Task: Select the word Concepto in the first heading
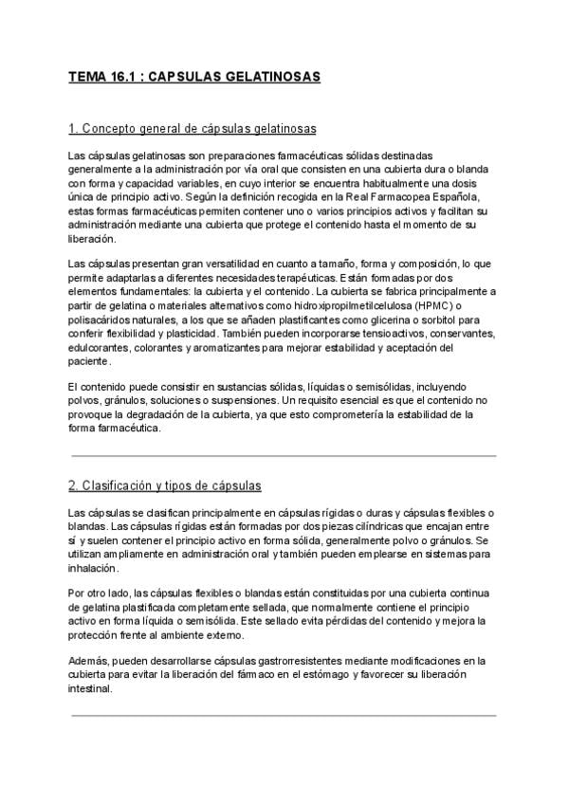[113, 128]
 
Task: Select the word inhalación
[93, 568]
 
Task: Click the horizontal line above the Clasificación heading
[283, 456]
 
